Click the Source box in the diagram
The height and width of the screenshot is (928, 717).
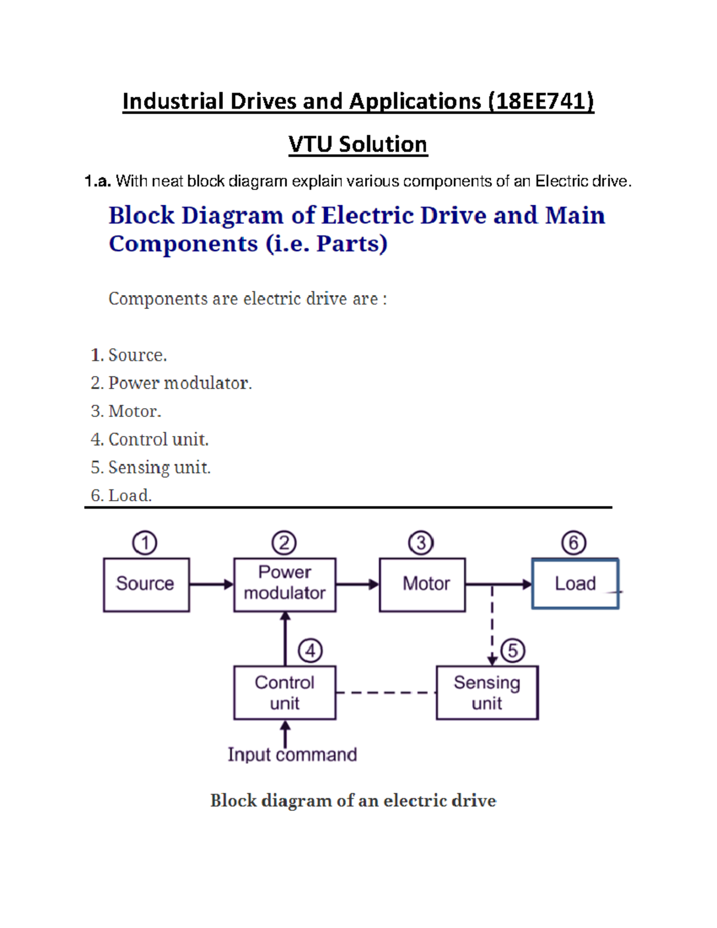point(146,584)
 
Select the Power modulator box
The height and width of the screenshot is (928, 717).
point(284,584)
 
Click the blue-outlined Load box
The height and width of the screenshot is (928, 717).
point(575,584)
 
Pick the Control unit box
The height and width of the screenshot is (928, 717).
point(284,693)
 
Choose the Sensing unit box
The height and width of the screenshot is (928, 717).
point(487,693)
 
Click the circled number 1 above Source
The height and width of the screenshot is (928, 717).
point(145,543)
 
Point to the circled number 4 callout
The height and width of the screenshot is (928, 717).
point(310,651)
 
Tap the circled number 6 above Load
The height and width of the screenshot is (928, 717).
point(574,543)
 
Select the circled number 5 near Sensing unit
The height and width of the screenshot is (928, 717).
point(513,651)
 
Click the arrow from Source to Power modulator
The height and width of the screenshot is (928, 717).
point(211,584)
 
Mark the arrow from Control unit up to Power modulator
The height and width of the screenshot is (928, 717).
point(285,638)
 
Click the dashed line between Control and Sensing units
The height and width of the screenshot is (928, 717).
point(386,693)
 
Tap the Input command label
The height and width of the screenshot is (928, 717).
point(292,755)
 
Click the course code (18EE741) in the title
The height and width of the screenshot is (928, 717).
point(541,102)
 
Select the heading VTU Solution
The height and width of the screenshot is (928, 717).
point(358,145)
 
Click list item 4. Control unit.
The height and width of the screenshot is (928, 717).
point(150,440)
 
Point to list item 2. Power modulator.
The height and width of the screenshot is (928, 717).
point(171,383)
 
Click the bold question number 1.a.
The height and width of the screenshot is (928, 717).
point(98,182)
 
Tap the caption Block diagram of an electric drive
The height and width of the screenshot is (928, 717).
point(353,801)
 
